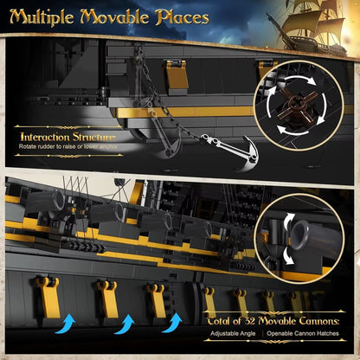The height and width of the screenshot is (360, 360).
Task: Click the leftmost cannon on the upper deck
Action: click(x=48, y=206)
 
